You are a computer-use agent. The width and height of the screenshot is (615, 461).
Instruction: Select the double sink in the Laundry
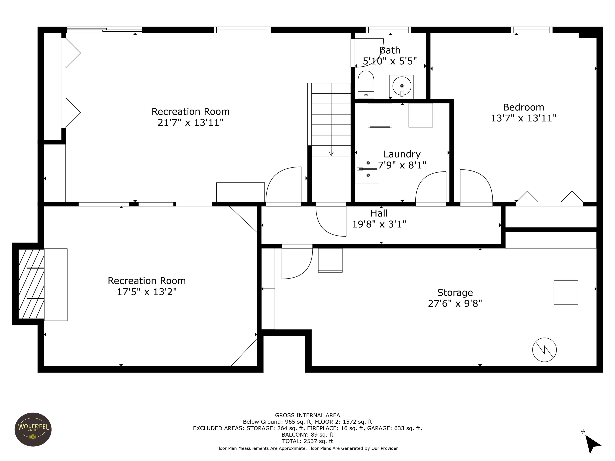click(367, 169)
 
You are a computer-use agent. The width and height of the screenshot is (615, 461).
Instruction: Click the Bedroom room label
click(524, 107)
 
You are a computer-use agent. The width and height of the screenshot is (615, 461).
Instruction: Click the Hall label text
click(379, 213)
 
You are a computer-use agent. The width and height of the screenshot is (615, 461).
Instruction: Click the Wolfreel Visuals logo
click(33, 429)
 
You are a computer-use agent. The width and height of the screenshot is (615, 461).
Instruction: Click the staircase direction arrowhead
click(331, 154)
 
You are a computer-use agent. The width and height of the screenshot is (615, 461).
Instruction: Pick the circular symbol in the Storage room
click(544, 350)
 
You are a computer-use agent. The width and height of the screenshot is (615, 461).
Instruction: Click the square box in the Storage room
click(566, 292)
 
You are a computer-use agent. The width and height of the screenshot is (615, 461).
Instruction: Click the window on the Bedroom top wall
click(532, 30)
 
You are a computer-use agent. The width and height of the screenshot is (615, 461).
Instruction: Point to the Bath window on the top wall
click(388, 30)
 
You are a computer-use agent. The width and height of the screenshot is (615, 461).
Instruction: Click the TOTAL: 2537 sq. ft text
click(307, 441)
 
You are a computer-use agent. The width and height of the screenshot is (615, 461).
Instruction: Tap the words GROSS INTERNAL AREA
click(307, 415)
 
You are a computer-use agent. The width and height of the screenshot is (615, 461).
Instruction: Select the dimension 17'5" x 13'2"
click(147, 292)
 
